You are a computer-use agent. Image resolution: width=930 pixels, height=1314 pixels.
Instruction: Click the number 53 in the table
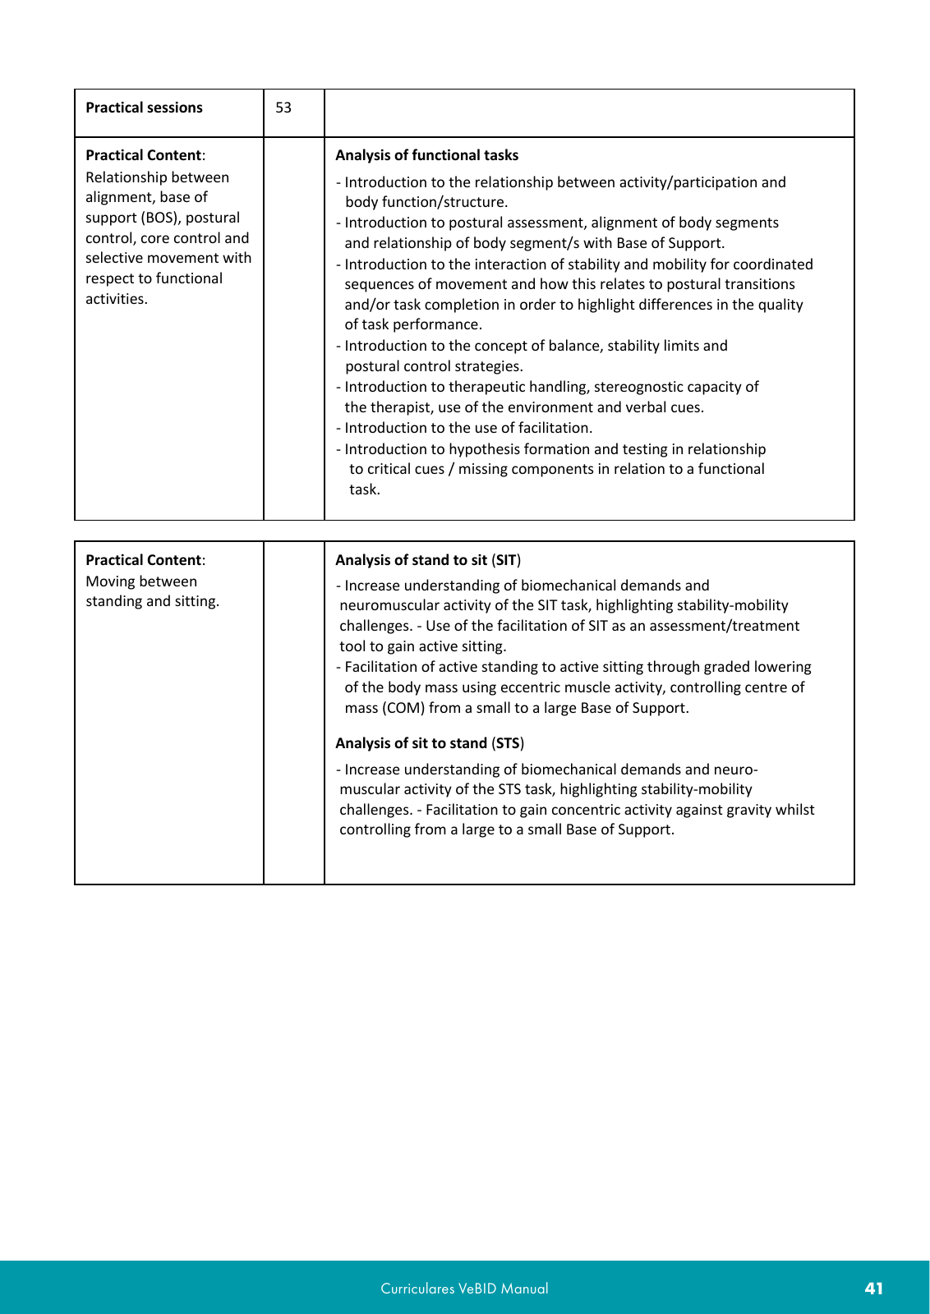point(283,108)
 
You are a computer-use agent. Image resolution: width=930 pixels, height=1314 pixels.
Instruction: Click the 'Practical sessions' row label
point(144,108)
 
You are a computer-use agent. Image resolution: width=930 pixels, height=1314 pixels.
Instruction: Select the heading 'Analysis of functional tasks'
point(426,155)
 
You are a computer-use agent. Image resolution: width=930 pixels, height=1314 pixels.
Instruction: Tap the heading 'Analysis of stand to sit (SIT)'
point(428,560)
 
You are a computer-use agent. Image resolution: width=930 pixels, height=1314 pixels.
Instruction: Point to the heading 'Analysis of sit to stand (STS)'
point(430,743)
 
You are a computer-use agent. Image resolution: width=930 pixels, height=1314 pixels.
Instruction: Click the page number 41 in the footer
point(874,1289)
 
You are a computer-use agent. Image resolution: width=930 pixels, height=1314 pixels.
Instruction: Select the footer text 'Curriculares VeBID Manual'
point(464,1289)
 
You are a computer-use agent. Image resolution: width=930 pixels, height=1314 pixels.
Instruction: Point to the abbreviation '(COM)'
point(403,708)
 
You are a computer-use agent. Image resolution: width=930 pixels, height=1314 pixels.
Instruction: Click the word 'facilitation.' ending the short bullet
point(551,428)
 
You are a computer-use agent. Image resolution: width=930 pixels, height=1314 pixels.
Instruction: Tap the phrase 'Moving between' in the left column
point(141,581)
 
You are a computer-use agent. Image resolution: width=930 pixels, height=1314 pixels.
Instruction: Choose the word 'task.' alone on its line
point(365,489)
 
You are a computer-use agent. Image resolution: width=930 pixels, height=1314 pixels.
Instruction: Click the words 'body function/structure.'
point(426,202)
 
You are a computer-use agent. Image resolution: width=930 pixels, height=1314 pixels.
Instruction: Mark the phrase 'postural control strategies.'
point(434,366)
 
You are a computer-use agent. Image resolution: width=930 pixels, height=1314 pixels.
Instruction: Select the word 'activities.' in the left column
point(117,299)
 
